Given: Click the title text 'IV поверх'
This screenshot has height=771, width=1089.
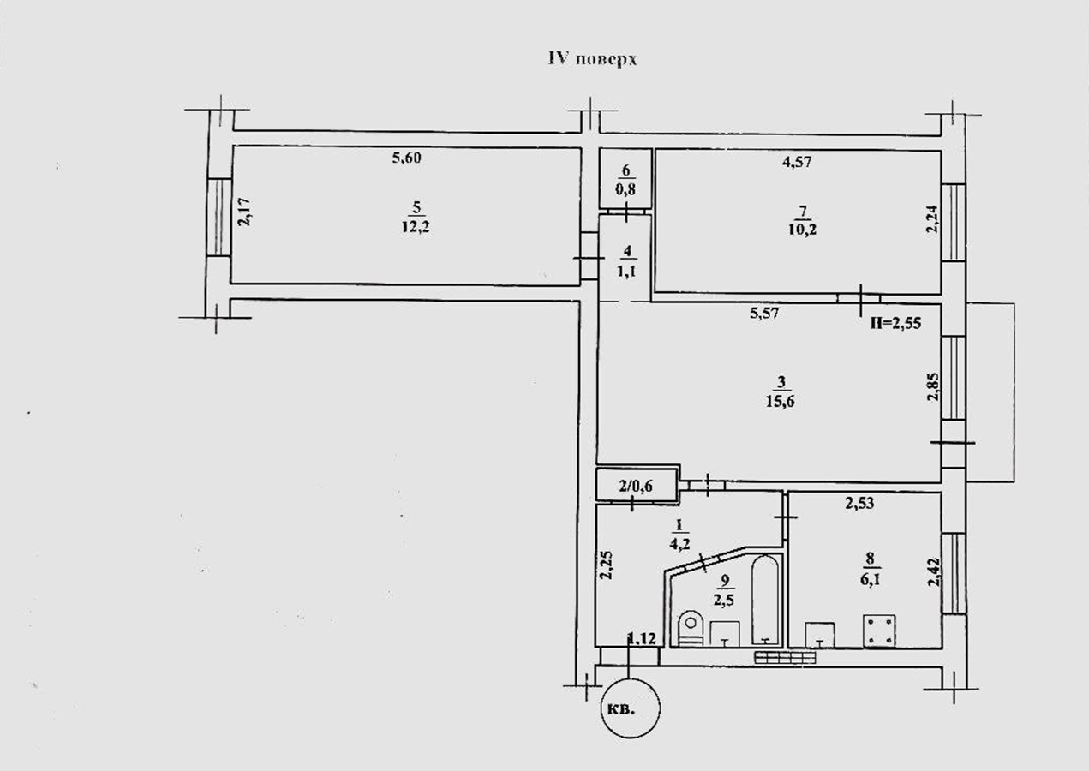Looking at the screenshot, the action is coord(592,59).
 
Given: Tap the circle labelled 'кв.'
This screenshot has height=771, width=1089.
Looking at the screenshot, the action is coord(631,708).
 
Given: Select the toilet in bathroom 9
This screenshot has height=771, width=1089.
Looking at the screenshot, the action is coord(691,628).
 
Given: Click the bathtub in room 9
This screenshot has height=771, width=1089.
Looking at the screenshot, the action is coord(765,600).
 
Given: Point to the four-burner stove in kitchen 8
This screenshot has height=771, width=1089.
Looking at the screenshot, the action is coord(879,631).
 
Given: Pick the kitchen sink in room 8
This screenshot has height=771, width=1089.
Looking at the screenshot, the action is coord(820,635).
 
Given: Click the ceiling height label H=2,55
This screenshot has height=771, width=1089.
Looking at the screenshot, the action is coord(895,323).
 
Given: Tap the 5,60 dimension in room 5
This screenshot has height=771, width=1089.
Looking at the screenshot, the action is coord(406,158).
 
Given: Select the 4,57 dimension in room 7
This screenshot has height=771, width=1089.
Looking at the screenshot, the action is coord(797,161).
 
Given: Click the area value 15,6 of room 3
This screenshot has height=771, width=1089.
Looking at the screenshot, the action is coord(781,402).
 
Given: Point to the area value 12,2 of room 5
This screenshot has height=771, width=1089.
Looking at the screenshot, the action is coord(416,227).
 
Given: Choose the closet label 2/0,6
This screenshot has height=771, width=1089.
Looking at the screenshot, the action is coord(635,485).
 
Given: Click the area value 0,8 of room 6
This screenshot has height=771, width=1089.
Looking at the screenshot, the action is coord(625,189).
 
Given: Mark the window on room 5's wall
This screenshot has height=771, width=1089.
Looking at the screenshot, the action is coord(218,218).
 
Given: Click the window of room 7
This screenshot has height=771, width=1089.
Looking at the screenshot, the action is coord(954,223).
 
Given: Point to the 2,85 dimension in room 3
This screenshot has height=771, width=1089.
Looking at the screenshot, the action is coord(934,386).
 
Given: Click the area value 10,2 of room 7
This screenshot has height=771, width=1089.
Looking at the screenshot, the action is coord(802,229).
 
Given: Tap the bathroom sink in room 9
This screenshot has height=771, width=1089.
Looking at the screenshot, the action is coord(724,633).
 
